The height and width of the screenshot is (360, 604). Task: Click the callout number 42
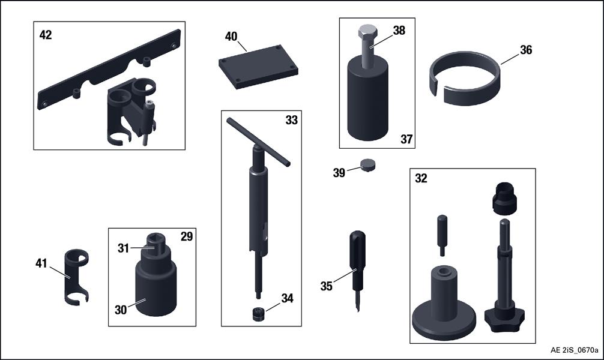pyautogui.click(x=46, y=35)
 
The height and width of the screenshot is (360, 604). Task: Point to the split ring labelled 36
pyautogui.click(x=465, y=80)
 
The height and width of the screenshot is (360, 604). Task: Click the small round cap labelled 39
pyautogui.click(x=368, y=165)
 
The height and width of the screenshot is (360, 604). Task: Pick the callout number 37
pyautogui.click(x=407, y=139)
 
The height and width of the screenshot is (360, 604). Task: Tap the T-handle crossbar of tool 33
pyautogui.click(x=258, y=142)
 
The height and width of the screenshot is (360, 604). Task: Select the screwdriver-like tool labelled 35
pyautogui.click(x=357, y=269)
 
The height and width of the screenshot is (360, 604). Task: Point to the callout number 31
pyautogui.click(x=123, y=248)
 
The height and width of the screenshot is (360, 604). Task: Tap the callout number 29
pyautogui.click(x=187, y=236)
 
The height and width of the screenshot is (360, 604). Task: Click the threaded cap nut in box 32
pyautogui.click(x=504, y=198)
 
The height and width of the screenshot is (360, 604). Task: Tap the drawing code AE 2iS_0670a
pyautogui.click(x=575, y=350)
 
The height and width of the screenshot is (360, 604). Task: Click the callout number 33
pyautogui.click(x=292, y=120)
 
